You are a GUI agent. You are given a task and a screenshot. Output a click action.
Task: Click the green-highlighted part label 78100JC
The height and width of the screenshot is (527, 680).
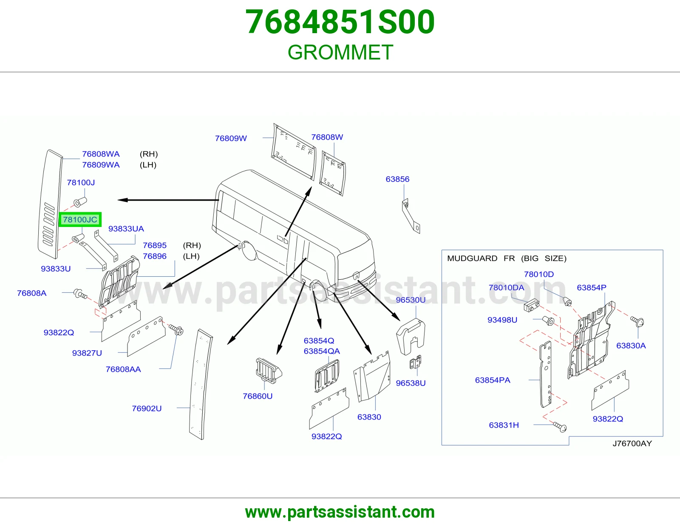point(80,219)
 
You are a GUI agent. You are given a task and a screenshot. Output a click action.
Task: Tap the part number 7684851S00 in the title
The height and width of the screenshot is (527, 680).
point(340,22)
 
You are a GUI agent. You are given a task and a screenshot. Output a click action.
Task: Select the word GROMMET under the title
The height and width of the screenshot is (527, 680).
point(340,52)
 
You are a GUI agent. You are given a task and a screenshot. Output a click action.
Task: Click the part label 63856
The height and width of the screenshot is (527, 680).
point(397,179)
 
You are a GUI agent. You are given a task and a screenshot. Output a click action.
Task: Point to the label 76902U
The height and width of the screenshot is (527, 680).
point(147,408)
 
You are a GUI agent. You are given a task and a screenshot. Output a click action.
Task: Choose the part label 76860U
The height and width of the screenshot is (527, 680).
point(258,396)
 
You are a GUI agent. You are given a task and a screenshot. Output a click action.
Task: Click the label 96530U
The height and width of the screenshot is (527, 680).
point(411,300)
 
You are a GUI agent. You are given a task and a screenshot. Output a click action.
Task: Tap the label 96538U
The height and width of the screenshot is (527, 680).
point(411,383)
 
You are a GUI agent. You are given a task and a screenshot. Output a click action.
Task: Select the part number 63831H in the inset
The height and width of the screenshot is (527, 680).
point(504,425)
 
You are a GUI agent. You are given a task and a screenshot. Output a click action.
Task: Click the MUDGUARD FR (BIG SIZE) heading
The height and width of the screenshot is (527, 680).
point(507,258)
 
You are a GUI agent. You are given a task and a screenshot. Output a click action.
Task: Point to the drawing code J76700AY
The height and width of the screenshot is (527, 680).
point(632,443)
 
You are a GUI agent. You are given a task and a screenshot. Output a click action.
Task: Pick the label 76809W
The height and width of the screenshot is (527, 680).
point(231,138)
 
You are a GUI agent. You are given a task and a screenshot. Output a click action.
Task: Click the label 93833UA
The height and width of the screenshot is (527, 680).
point(126,229)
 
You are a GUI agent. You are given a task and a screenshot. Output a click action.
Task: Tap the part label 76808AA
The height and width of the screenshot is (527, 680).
point(123,369)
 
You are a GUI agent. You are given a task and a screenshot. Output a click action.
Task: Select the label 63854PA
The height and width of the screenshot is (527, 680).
point(493,380)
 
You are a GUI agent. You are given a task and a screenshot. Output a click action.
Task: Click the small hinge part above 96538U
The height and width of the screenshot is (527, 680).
point(416,363)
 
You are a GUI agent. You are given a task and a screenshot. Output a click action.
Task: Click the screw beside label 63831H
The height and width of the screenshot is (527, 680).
point(560,427)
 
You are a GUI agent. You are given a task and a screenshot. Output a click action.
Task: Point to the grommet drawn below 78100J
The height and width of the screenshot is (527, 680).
point(80,202)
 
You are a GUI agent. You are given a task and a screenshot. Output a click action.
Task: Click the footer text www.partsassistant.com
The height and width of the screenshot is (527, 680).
point(340,512)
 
